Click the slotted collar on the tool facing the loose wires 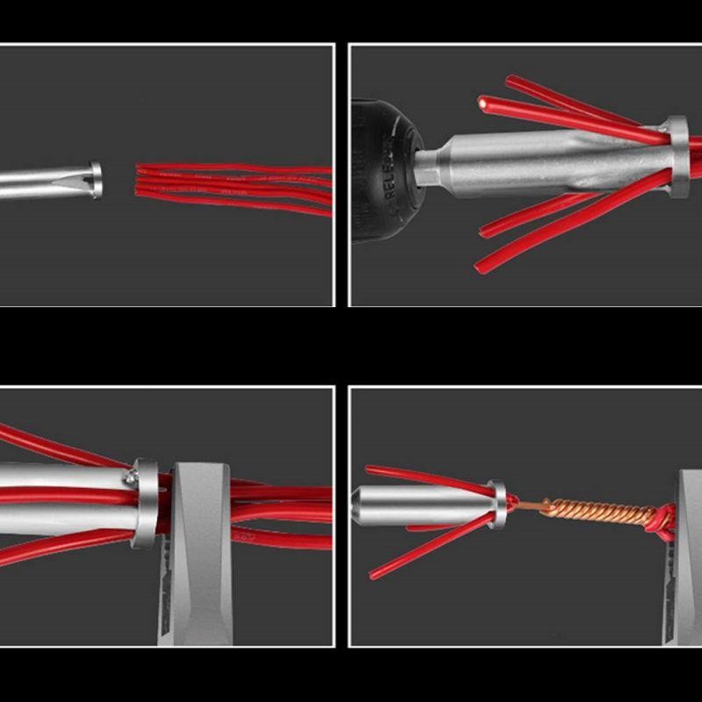pos(95,179)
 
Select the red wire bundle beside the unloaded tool pos(237,188)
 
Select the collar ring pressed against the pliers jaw pos(146,504)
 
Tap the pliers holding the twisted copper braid pos(689,544)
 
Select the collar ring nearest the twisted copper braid pos(498,505)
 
